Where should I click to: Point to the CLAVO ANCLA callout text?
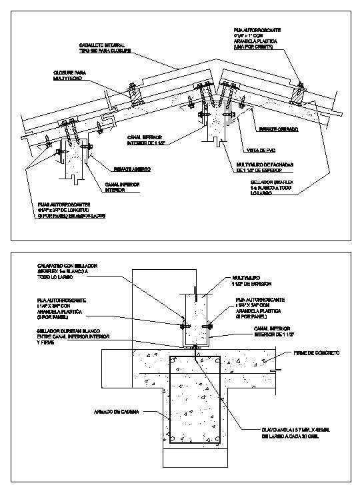coord(288,430)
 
